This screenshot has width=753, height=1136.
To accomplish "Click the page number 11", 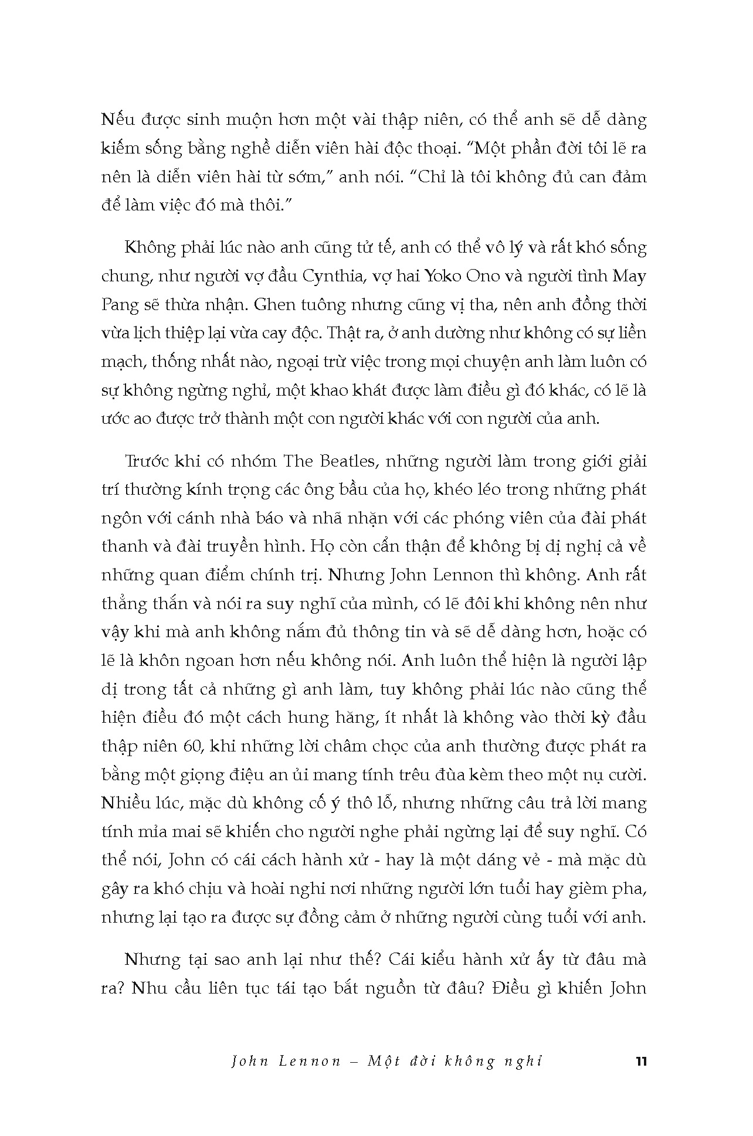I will coord(640,1062).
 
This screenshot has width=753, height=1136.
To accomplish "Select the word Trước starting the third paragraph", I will coord(149,461).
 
